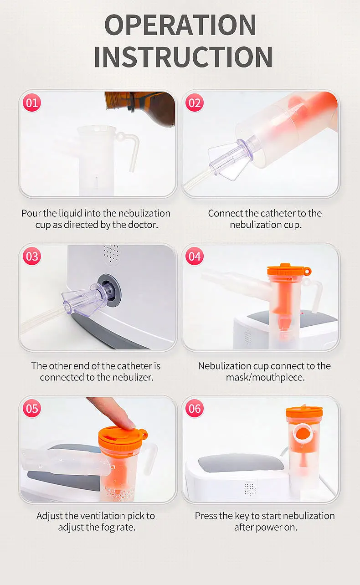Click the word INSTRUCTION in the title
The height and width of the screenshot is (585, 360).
(183, 56)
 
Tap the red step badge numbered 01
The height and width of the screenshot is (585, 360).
(32, 103)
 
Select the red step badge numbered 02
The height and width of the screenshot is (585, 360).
(195, 103)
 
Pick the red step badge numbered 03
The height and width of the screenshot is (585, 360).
(32, 256)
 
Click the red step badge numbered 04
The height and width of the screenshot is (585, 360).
(195, 256)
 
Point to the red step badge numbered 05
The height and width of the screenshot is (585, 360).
(32, 408)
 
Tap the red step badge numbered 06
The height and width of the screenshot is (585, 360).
(195, 408)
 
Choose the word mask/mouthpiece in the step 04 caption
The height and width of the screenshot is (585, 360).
(265, 377)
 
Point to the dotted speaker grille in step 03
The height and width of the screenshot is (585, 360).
(111, 253)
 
